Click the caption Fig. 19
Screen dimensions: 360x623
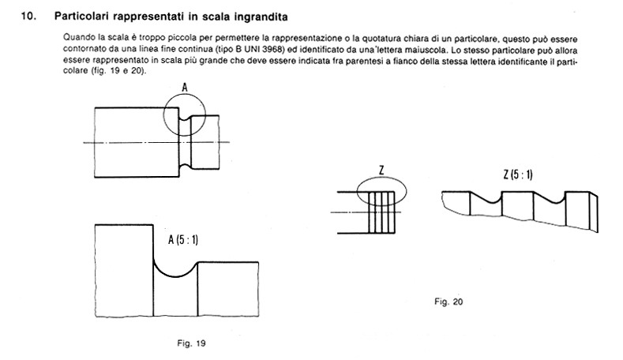click(192, 343)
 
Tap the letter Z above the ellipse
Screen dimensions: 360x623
click(381, 169)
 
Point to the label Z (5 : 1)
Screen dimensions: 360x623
click(517, 174)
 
